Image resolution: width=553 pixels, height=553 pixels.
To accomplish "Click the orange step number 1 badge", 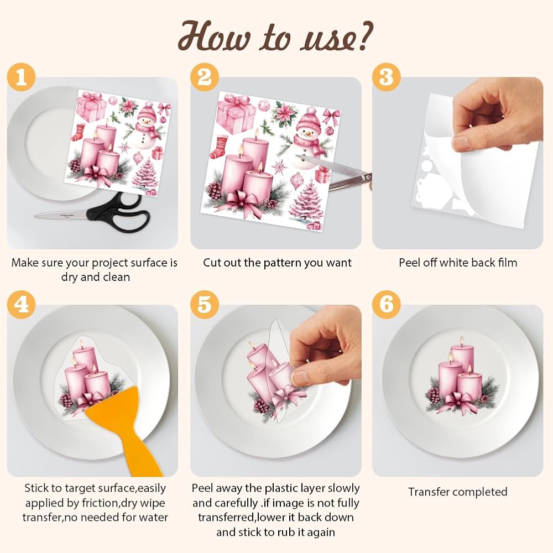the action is pos(21,77).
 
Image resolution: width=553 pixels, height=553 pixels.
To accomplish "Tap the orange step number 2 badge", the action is pos(205,77).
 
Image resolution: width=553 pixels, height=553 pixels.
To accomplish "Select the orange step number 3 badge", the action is pos(387,77).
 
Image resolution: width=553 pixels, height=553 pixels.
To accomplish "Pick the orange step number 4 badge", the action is pos(21,305).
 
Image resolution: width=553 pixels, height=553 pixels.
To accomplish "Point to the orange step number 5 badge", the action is pos(205,305).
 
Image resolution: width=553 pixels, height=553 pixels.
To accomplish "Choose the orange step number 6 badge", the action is pos(387,305).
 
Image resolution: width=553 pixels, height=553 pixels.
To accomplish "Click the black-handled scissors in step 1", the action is pos(92,213).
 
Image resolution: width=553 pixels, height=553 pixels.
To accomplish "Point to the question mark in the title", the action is pos(363,35).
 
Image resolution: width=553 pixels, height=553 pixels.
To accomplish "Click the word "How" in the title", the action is pos(215,36).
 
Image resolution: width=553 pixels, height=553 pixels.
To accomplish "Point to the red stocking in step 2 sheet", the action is pos(219,147).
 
